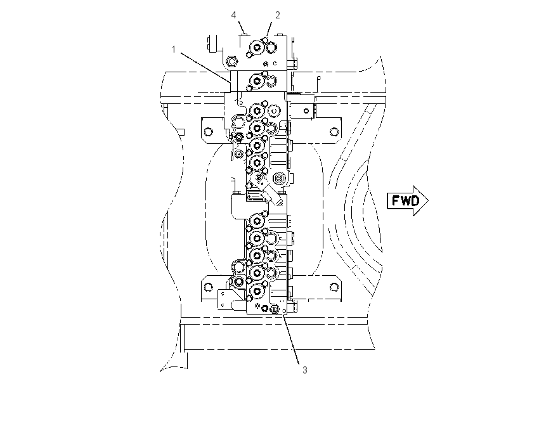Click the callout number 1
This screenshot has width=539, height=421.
click(x=174, y=49)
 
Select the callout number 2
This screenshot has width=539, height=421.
click(x=277, y=15)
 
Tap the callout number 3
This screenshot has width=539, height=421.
click(x=304, y=370)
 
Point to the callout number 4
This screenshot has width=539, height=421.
click(x=234, y=15)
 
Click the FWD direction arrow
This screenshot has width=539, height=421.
click(x=408, y=201)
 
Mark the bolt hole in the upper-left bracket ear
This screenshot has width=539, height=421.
click(x=207, y=131)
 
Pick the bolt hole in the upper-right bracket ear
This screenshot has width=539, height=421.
click(x=334, y=131)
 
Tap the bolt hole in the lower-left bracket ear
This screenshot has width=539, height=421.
click(x=207, y=287)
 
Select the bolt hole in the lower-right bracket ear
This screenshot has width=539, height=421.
click(x=334, y=287)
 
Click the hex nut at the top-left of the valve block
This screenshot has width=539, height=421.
click(x=231, y=62)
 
